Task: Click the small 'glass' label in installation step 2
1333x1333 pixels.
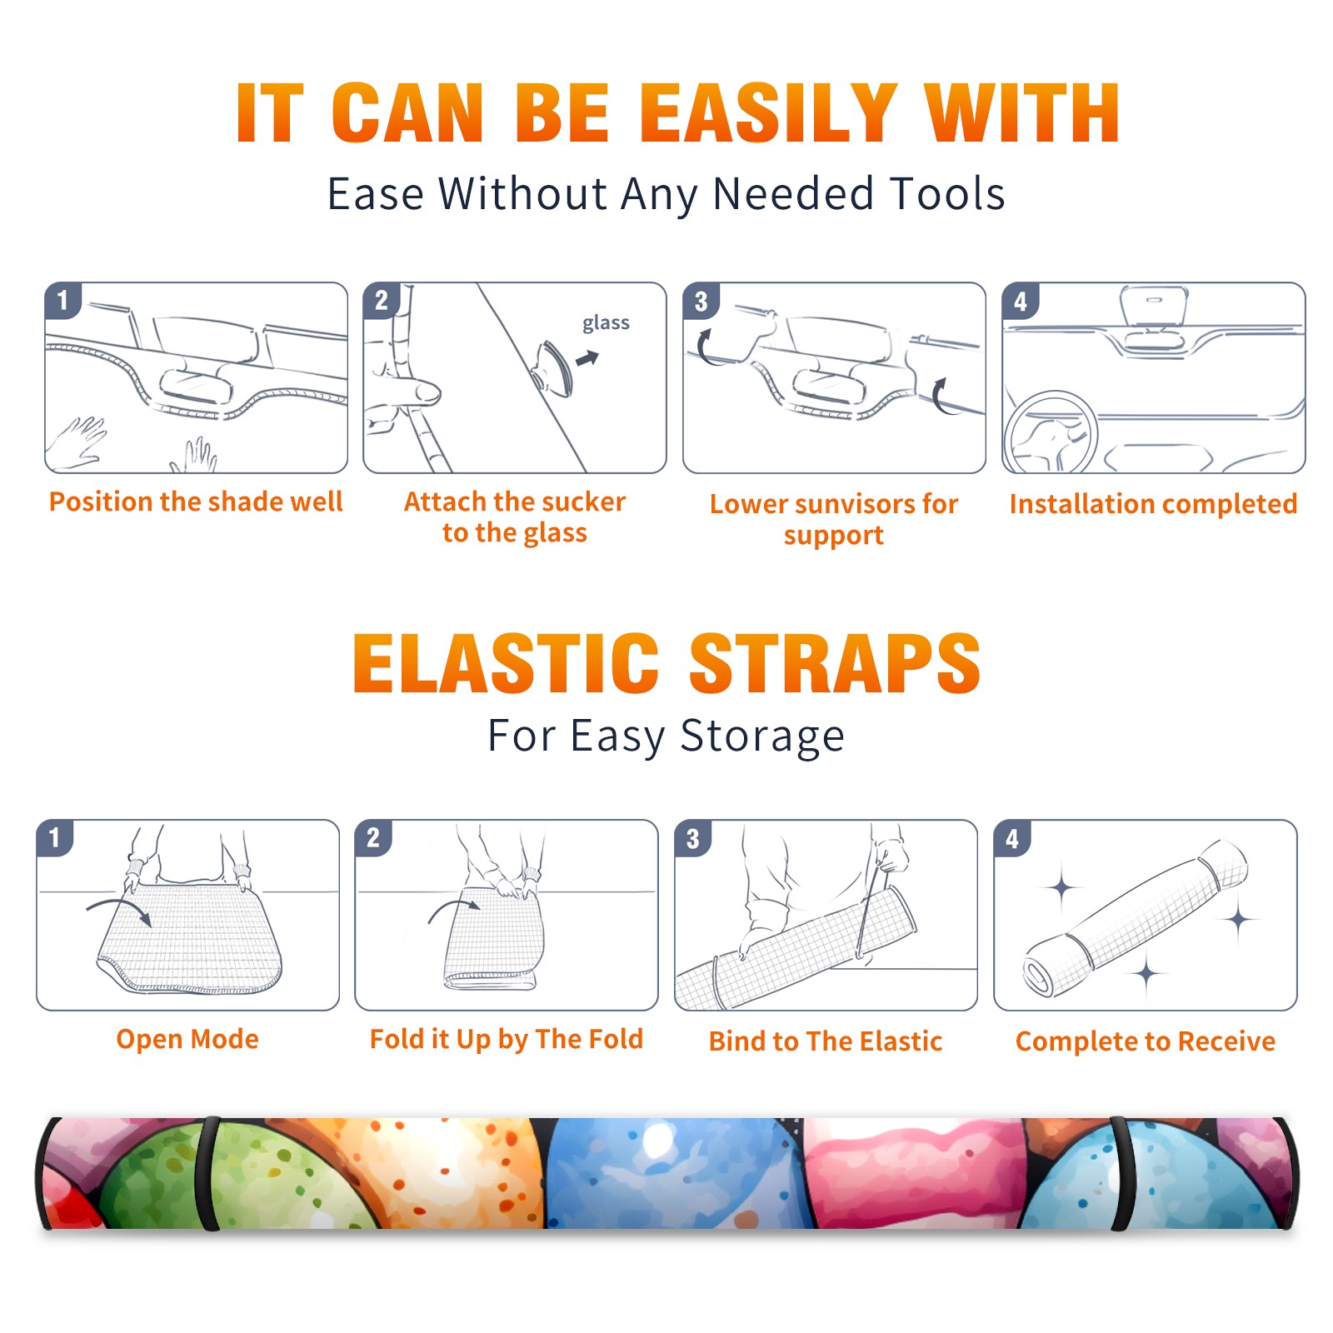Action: pos(606,323)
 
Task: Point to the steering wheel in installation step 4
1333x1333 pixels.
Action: pos(1051,433)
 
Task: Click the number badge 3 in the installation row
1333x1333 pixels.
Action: pos(701,301)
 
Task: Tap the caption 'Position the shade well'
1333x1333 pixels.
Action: pos(196,502)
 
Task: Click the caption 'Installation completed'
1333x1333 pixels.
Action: pos(1153,504)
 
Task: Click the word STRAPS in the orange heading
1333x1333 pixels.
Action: pos(835,663)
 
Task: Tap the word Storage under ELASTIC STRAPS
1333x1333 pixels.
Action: pos(762,736)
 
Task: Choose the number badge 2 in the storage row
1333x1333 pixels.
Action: pos(373,838)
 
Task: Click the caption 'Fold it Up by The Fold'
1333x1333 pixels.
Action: pos(507,1040)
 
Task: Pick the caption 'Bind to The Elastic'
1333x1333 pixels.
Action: pos(826,1041)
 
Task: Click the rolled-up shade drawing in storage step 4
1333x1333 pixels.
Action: pos(1136,917)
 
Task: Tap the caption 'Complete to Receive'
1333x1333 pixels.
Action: pos(1146,1041)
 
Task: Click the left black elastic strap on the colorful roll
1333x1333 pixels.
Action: pos(208,1173)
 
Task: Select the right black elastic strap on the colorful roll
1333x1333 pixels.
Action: pos(1121,1173)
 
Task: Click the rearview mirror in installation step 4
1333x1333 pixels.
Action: pos(1154,307)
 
